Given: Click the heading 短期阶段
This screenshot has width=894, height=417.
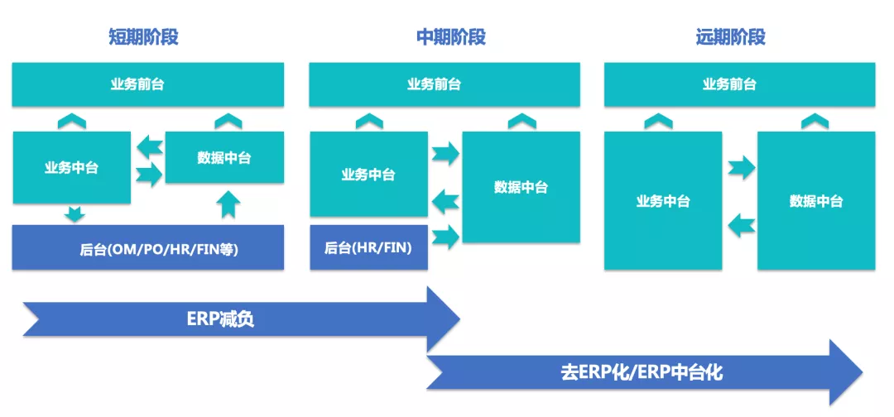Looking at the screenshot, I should tap(143, 36).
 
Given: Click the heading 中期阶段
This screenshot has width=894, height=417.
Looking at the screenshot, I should tap(450, 36).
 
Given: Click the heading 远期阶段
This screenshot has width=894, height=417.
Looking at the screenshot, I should tap(731, 36).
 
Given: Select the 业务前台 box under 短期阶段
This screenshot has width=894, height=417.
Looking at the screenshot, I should tap(147, 84).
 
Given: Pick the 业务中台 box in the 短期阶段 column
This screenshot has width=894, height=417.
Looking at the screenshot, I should tap(71, 167).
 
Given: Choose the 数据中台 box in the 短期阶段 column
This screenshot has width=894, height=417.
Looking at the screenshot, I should tap(224, 157).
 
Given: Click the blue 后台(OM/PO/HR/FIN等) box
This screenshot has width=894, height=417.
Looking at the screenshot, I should tap(147, 247).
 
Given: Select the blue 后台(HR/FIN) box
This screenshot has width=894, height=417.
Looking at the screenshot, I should tap(368, 247).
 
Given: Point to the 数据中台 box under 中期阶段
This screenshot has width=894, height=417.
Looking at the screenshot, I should tap(521, 187).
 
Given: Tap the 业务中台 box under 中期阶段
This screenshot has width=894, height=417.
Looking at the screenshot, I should tap(368, 175).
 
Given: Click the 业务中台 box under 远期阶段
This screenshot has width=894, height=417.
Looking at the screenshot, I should tap(663, 201).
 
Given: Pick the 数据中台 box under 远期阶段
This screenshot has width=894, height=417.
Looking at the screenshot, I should tap(816, 201).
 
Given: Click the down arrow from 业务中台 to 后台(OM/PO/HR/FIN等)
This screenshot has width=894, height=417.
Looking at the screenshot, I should tap(75, 214).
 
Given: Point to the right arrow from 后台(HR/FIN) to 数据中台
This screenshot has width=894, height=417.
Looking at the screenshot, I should tap(445, 237).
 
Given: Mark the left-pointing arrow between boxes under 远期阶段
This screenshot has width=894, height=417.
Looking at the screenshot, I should tap(741, 223).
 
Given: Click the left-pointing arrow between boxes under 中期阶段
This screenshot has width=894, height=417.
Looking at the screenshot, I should tap(445, 199).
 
